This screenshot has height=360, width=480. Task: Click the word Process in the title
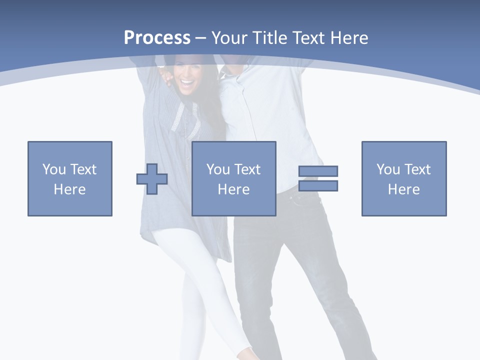coord(157,38)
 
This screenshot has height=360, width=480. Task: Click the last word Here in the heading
coord(349,38)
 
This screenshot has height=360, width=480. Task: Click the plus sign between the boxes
coord(152,178)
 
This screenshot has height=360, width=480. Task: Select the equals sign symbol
coord(318,178)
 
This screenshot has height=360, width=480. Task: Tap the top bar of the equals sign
coord(318,171)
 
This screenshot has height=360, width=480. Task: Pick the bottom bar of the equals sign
coord(318,186)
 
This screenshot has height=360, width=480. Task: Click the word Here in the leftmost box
coord(70,189)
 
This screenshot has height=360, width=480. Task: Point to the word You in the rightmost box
coord(388,169)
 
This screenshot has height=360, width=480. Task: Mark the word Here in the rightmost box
coord(404,189)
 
